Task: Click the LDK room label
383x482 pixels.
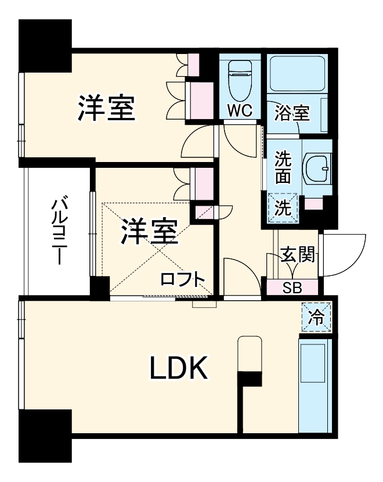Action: click(179, 368)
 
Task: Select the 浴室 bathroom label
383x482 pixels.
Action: click(292, 111)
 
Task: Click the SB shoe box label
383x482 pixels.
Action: click(292, 287)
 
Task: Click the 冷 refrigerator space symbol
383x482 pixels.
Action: click(317, 317)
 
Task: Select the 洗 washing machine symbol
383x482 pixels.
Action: click(282, 207)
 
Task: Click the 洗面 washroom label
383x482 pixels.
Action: click(283, 166)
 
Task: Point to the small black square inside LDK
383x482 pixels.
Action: click(250, 380)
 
